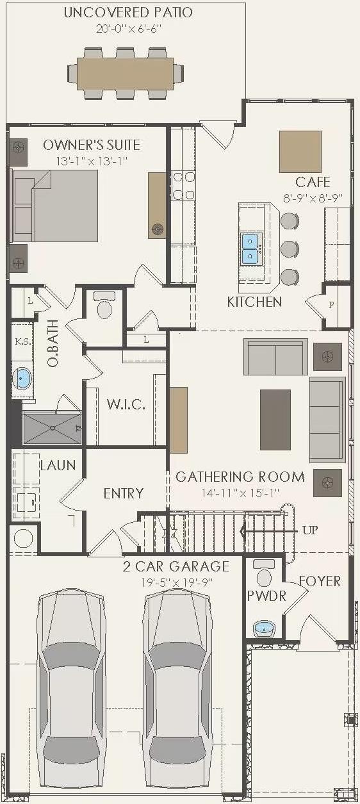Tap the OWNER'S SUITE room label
pos(92,145)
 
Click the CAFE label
pos(313,183)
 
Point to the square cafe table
pos(300,151)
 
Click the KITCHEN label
pos(254,302)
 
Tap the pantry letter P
pos(331,305)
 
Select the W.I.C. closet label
pos(126,405)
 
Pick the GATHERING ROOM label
pos(240,477)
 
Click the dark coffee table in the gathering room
pos(275,420)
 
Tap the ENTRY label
pos(123,493)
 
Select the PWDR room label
pos(266,596)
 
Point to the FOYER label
pos(320,582)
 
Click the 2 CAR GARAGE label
pos(176,566)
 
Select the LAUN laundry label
pos(58,466)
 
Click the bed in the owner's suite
pos(54,205)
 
